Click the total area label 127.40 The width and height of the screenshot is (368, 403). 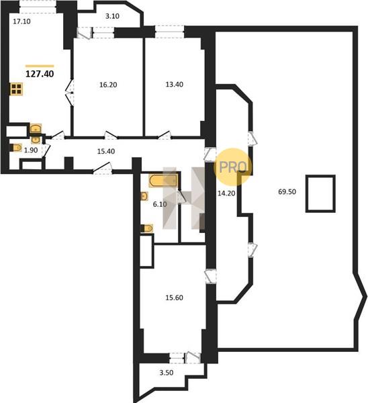[x=40, y=74]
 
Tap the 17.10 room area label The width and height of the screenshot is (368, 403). [x=22, y=21]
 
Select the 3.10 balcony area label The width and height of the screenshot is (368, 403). [x=112, y=16]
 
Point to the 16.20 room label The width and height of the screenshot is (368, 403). [x=108, y=85]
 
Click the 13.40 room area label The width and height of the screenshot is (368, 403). [x=175, y=85]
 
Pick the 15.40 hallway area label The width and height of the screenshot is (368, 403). [x=106, y=151]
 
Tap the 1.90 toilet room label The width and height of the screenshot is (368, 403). [x=31, y=150]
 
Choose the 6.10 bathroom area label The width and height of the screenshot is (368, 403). [x=160, y=204]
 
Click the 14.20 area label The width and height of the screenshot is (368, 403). [x=226, y=193]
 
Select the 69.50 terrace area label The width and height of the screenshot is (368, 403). [x=287, y=191]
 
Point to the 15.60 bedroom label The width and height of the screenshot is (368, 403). [x=174, y=298]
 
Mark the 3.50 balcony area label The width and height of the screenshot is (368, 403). [x=167, y=373]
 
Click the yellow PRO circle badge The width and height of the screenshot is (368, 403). [x=232, y=167]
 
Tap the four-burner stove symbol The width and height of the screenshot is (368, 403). [x=16, y=89]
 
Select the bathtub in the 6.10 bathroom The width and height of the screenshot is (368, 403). [x=163, y=181]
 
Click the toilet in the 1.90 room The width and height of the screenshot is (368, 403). [x=16, y=148]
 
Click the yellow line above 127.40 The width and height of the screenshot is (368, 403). [x=40, y=66]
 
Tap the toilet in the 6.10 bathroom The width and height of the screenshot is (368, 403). [x=147, y=228]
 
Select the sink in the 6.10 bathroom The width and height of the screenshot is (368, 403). [x=144, y=196]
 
